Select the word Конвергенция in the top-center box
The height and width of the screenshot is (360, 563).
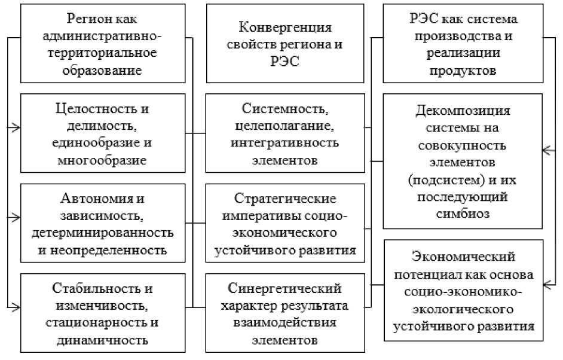[284, 28]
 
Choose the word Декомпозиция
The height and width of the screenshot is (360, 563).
[463, 111]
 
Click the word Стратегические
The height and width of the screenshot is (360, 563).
[284, 198]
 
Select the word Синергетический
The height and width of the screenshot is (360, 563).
[284, 289]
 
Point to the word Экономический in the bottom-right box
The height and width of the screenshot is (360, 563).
[464, 257]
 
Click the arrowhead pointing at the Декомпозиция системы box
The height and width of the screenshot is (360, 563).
[547, 150]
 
